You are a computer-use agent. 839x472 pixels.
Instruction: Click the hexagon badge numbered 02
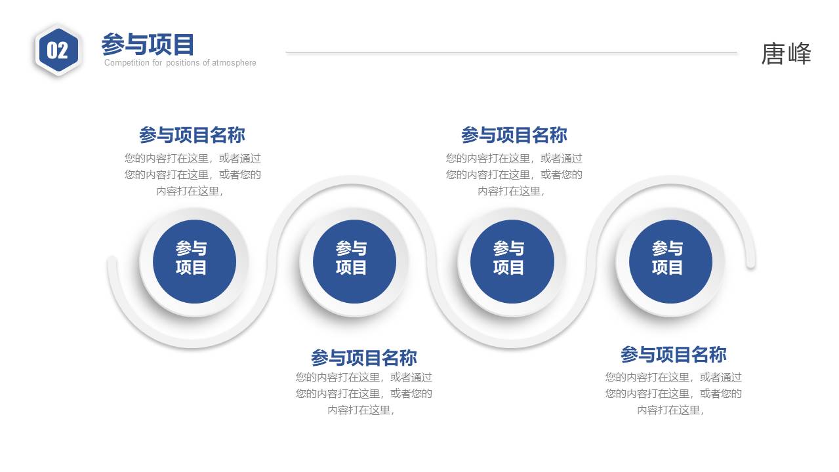click(x=58, y=50)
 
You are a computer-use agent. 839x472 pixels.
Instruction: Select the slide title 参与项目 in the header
click(x=148, y=45)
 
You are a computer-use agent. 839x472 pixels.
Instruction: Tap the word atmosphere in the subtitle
click(x=234, y=63)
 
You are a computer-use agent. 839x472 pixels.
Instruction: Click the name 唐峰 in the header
click(x=786, y=54)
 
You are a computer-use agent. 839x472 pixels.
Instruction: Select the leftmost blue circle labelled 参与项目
click(x=194, y=261)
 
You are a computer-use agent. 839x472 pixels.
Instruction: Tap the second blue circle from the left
click(x=354, y=261)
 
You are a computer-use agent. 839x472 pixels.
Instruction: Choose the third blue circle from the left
click(x=512, y=261)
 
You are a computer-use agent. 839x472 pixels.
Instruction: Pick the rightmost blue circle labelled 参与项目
click(x=670, y=261)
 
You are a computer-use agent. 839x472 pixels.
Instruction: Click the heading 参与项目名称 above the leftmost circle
click(x=192, y=135)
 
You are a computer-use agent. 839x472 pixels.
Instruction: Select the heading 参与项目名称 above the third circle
click(x=514, y=135)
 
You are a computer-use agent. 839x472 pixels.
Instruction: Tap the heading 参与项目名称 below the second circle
click(x=363, y=358)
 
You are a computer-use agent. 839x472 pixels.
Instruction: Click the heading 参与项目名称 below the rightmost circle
click(x=673, y=355)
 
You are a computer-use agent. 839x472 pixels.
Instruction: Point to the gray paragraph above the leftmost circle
click(x=192, y=174)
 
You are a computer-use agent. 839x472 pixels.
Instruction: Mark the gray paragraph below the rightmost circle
click(x=673, y=393)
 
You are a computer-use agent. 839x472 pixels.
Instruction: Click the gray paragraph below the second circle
click(x=363, y=393)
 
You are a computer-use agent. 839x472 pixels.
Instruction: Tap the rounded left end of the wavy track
click(x=112, y=262)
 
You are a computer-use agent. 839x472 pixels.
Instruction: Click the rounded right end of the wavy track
click(x=750, y=262)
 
